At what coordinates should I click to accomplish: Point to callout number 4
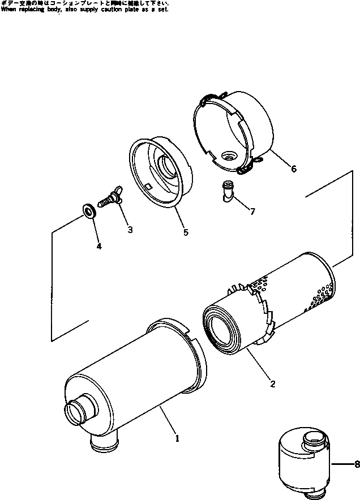point(98,247)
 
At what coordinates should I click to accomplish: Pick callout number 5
point(185,231)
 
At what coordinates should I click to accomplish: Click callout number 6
point(293,169)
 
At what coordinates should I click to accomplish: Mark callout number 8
point(356,465)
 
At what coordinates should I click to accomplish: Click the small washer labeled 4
point(89,211)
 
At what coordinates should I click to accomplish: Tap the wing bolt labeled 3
point(112,199)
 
